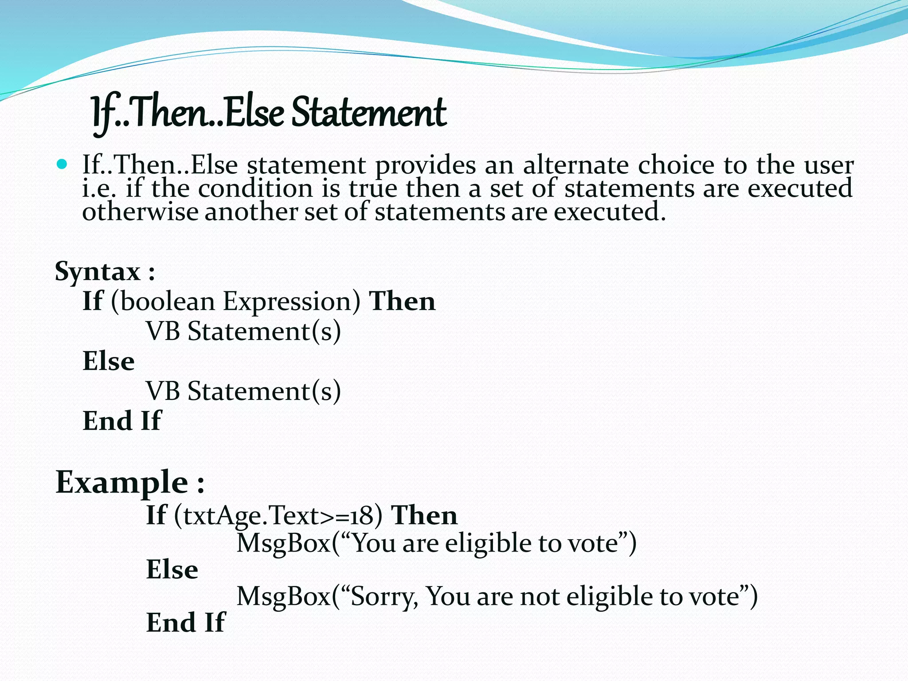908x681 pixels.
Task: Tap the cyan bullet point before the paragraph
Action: (x=62, y=165)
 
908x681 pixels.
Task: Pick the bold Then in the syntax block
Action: (x=403, y=301)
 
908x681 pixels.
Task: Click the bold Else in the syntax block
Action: (x=109, y=361)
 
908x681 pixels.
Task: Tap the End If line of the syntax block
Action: (x=122, y=421)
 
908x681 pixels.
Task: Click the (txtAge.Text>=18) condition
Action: (x=278, y=516)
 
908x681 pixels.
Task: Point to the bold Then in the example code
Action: (x=424, y=515)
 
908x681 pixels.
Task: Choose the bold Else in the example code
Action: (x=172, y=570)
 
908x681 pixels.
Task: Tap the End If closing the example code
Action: (x=186, y=622)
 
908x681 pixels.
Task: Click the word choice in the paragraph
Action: (x=676, y=165)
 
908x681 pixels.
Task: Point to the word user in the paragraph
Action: (x=829, y=165)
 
